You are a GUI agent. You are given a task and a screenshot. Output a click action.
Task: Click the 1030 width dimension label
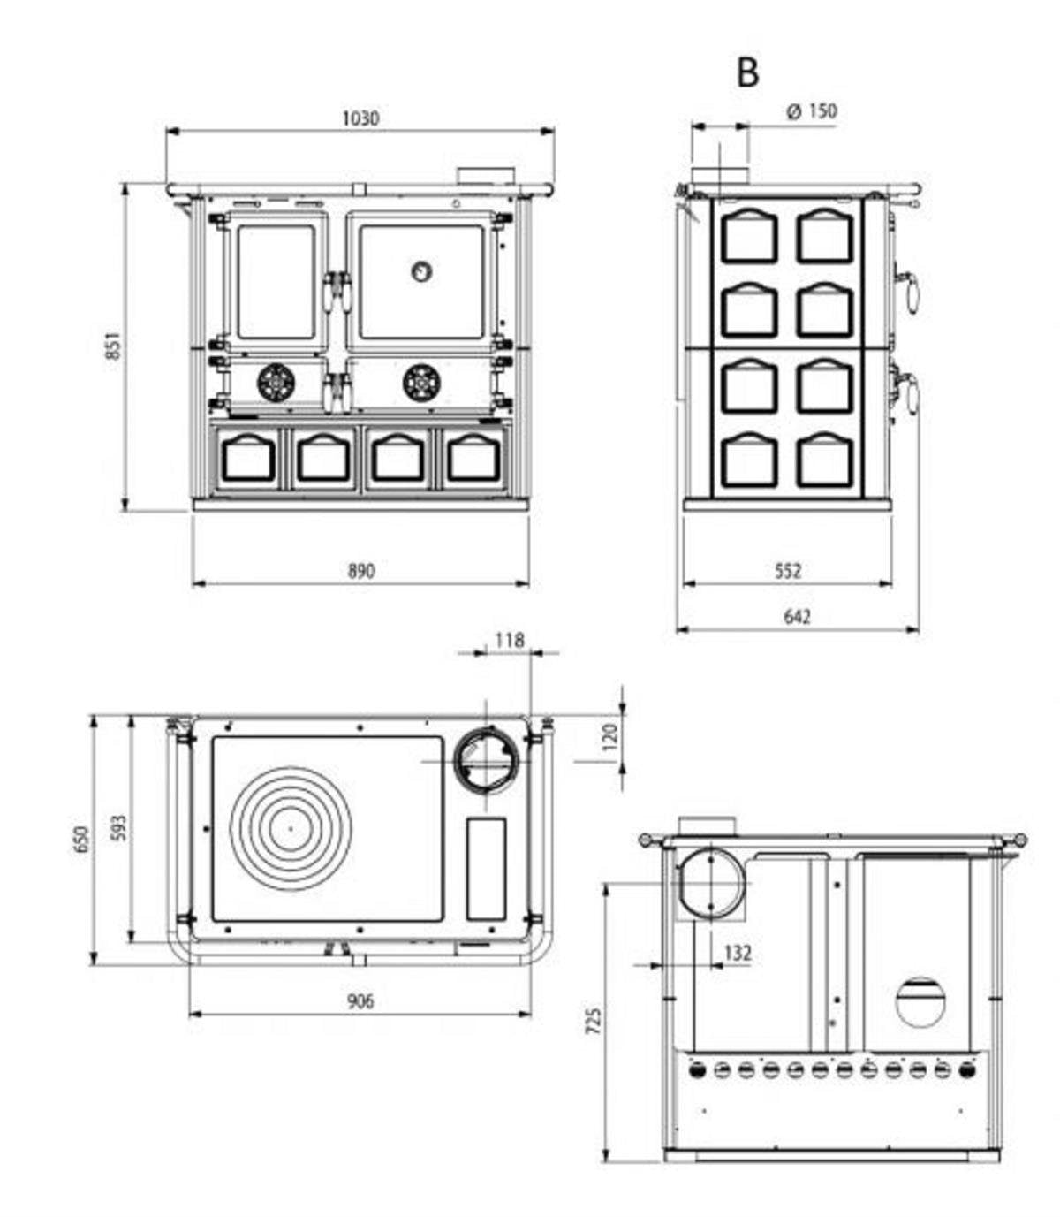pos(360,118)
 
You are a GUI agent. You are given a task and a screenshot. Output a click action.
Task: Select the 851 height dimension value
pos(112,346)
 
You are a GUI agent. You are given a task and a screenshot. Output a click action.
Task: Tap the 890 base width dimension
pos(360,571)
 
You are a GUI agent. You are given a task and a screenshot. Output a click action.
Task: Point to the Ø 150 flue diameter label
pos(811,111)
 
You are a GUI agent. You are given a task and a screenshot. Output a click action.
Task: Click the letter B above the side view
pos(747,73)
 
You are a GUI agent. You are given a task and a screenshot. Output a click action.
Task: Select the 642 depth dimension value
pos(797,617)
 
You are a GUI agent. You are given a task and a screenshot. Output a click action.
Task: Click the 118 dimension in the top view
pos(510,640)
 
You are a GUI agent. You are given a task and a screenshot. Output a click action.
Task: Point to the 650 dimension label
pos(82,839)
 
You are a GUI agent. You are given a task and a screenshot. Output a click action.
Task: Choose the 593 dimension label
pos(119,827)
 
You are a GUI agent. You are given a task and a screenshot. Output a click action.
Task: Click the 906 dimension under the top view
pos(360,1001)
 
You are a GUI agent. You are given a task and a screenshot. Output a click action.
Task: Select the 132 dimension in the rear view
pos(737,953)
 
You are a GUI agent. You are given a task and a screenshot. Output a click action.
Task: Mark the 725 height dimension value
pos(594,1020)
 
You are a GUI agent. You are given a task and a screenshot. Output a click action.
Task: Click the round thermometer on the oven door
pos(422,271)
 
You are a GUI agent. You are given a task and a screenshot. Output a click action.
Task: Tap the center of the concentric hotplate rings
pos(291,828)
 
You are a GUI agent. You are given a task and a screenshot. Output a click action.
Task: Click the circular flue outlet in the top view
pos(487,760)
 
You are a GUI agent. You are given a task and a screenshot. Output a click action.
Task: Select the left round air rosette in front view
pos(275,383)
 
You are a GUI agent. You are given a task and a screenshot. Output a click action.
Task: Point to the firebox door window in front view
pos(276,281)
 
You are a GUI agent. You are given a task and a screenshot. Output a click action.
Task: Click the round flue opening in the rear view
pos(710,883)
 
